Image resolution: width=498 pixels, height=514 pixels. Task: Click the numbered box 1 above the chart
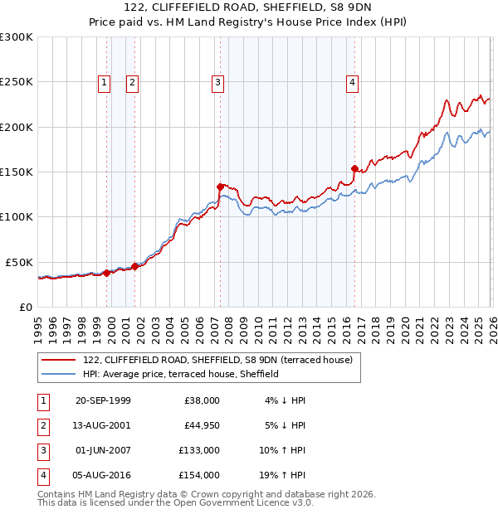coord(105,82)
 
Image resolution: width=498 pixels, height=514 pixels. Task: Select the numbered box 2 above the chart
coord(132,82)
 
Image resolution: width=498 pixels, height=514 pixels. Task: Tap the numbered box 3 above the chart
coord(217,82)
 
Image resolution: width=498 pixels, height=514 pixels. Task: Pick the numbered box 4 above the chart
coord(352,82)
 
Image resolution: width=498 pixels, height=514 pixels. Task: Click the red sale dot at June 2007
coord(220,187)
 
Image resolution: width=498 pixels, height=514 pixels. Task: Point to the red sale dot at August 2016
coord(354,168)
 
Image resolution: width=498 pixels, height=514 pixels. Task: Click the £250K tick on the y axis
coord(17,82)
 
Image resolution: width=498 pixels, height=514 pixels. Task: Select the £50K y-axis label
coord(20,262)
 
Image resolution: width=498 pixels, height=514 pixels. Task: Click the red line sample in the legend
coord(59,360)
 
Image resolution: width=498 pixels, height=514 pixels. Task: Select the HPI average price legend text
coord(180,374)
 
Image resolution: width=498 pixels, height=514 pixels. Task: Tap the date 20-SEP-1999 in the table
coord(103,400)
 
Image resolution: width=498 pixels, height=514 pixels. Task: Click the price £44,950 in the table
coord(199,425)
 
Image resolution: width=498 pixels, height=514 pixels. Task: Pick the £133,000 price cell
coord(199,450)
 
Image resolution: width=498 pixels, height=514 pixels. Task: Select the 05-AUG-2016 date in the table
coord(103,475)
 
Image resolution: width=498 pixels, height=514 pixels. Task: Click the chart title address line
coord(249,10)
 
